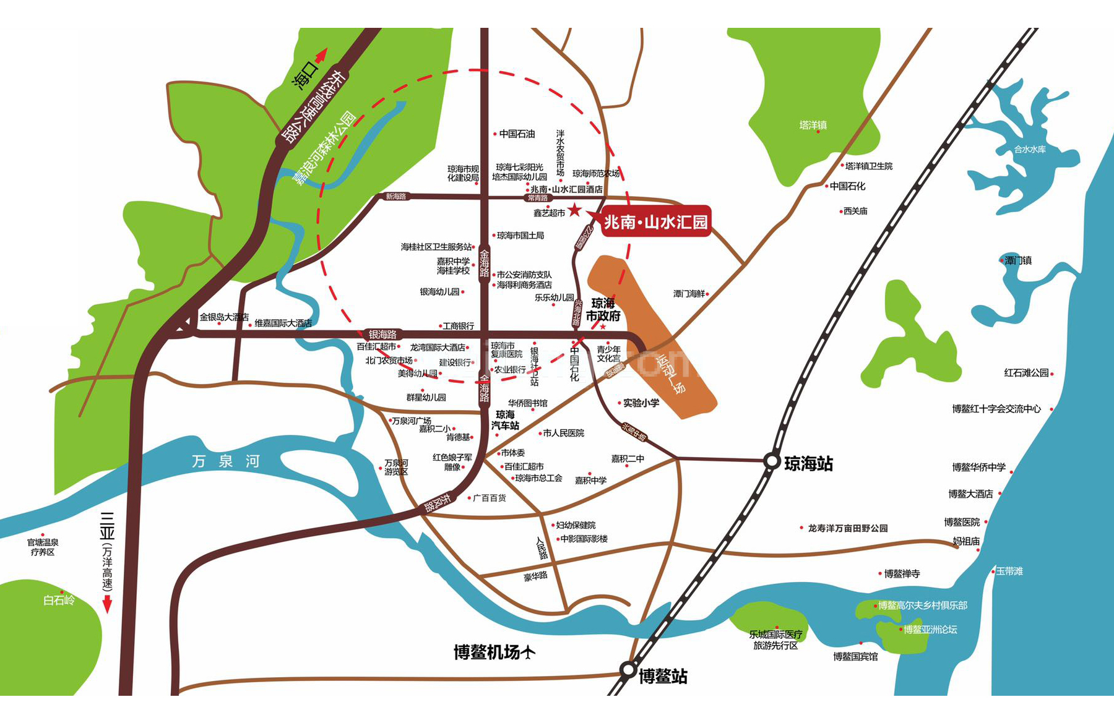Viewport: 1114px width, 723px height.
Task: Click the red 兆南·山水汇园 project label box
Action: tap(656, 221)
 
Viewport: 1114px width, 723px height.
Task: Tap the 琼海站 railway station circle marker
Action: tap(772, 461)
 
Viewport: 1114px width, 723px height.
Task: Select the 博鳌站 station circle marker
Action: tap(628, 670)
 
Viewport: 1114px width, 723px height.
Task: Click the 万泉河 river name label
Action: tap(225, 461)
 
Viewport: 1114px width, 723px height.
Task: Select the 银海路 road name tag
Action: tap(382, 335)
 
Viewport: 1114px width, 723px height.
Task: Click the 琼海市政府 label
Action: tap(603, 309)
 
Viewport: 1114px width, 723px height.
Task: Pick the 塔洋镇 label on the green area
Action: tap(813, 126)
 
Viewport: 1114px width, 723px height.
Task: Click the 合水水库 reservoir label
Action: tap(1030, 149)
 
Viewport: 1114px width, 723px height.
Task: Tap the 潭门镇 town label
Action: tap(1018, 260)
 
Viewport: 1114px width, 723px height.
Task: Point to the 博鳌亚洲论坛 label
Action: tap(930, 630)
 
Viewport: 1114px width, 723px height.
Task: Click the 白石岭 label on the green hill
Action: tap(59, 600)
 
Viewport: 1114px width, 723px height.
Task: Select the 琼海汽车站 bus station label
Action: tap(505, 420)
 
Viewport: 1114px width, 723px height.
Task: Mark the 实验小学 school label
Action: tap(641, 403)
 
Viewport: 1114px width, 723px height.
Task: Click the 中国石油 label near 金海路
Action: tap(517, 134)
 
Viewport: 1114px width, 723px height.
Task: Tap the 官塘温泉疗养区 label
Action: tap(43, 547)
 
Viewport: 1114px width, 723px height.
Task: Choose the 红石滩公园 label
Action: tap(1026, 373)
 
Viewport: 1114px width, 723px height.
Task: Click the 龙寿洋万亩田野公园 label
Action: tap(847, 528)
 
